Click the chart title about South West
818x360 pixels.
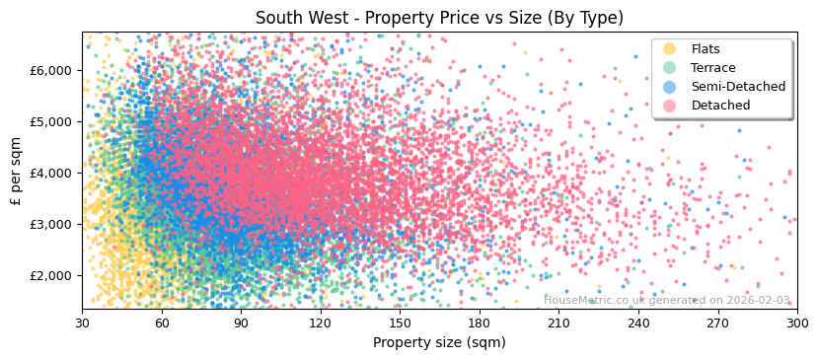pyautogui.click(x=439, y=18)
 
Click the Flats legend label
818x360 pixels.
pyautogui.click(x=706, y=49)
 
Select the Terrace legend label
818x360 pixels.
pyautogui.click(x=712, y=68)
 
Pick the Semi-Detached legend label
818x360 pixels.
pyautogui.click(x=738, y=87)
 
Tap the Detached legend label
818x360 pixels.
pyautogui.click(x=720, y=106)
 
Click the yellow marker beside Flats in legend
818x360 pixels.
pyautogui.click(x=670, y=49)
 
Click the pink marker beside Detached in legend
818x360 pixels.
pyautogui.click(x=670, y=106)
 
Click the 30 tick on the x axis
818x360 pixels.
pyautogui.click(x=82, y=323)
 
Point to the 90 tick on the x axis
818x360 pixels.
pyautogui.click(x=241, y=323)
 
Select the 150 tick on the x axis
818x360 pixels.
pyautogui.click(x=400, y=323)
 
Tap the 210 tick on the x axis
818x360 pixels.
pyautogui.click(x=558, y=323)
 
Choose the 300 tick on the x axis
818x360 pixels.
pyautogui.click(x=796, y=323)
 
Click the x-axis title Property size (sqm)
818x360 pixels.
pyautogui.click(x=439, y=342)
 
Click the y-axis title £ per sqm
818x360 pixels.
pyautogui.click(x=17, y=172)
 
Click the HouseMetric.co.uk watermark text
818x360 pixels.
pyautogui.click(x=667, y=300)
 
